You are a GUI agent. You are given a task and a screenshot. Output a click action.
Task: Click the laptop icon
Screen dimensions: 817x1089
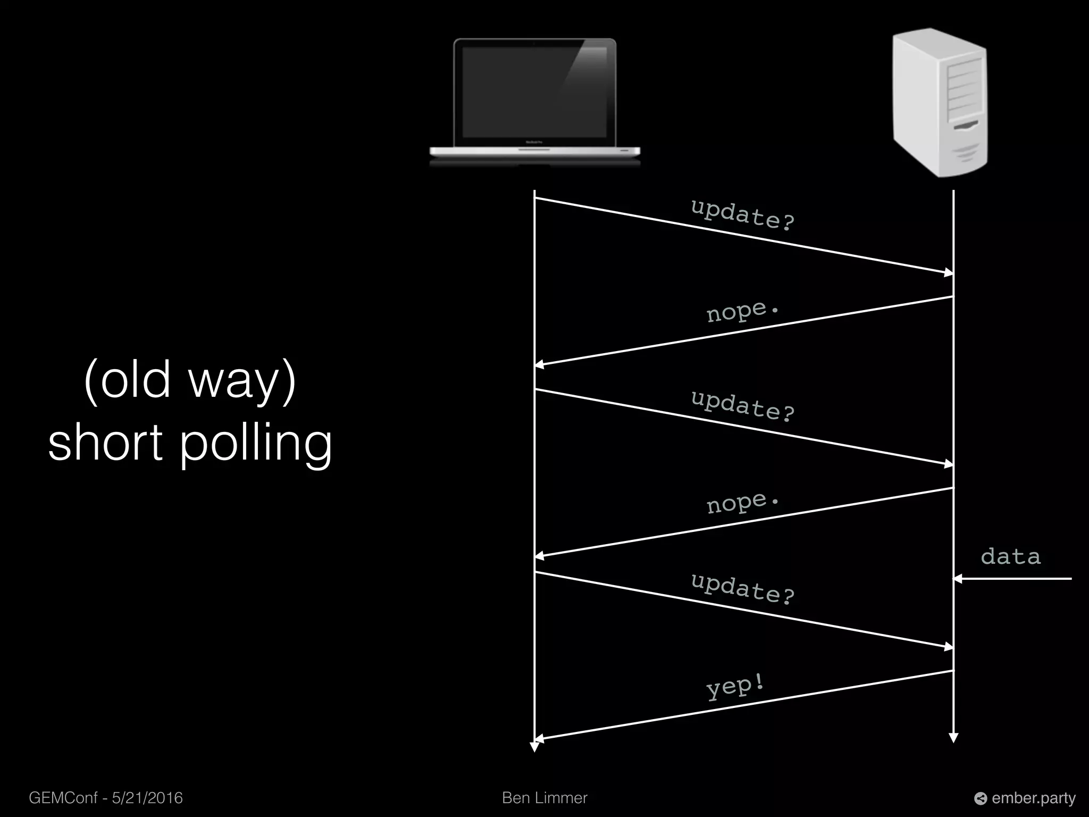(x=535, y=101)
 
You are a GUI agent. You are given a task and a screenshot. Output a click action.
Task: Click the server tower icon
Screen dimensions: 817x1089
(x=939, y=102)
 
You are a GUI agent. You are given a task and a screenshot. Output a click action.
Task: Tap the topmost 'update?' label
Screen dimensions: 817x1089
(x=742, y=214)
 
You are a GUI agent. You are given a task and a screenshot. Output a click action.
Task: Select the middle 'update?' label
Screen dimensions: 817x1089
(x=742, y=406)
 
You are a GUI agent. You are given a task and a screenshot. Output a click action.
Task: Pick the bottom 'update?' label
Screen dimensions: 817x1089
(x=742, y=589)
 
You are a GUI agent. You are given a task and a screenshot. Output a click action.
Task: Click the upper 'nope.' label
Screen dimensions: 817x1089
(x=742, y=311)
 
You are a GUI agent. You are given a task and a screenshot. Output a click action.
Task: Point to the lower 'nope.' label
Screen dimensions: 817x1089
(x=742, y=503)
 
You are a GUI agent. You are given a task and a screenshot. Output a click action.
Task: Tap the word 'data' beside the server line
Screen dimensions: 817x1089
(x=1010, y=557)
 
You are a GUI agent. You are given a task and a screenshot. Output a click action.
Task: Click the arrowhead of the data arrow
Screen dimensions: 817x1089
(x=958, y=578)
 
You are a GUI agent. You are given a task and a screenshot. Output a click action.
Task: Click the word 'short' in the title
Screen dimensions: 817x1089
(x=105, y=443)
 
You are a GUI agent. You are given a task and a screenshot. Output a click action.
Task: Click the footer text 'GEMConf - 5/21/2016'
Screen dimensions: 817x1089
(x=106, y=798)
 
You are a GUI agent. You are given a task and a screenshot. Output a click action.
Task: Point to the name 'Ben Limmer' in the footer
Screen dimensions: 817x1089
(x=544, y=798)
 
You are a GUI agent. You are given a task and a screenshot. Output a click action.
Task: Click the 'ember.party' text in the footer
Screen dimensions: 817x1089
(x=1033, y=798)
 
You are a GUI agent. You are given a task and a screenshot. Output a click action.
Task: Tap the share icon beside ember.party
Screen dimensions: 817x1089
(x=980, y=798)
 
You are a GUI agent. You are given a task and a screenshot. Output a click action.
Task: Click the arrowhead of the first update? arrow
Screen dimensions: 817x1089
(x=949, y=273)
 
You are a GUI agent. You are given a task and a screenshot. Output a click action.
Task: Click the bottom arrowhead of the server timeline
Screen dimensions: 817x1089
(x=953, y=738)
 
